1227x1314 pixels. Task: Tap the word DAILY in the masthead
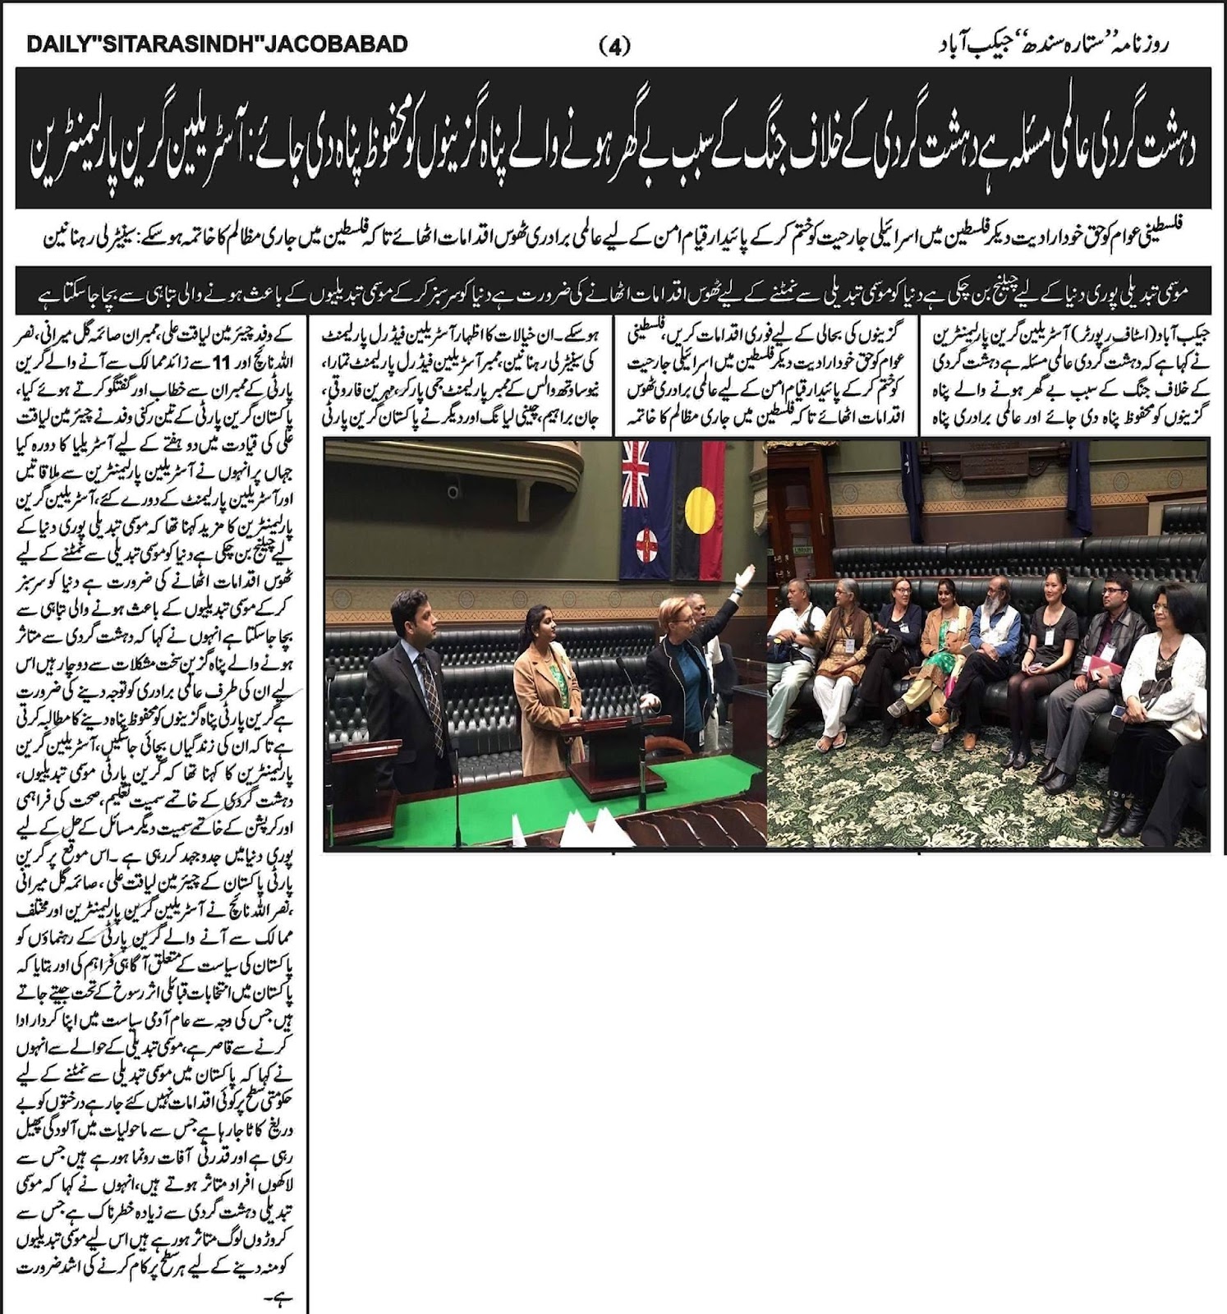62,44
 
